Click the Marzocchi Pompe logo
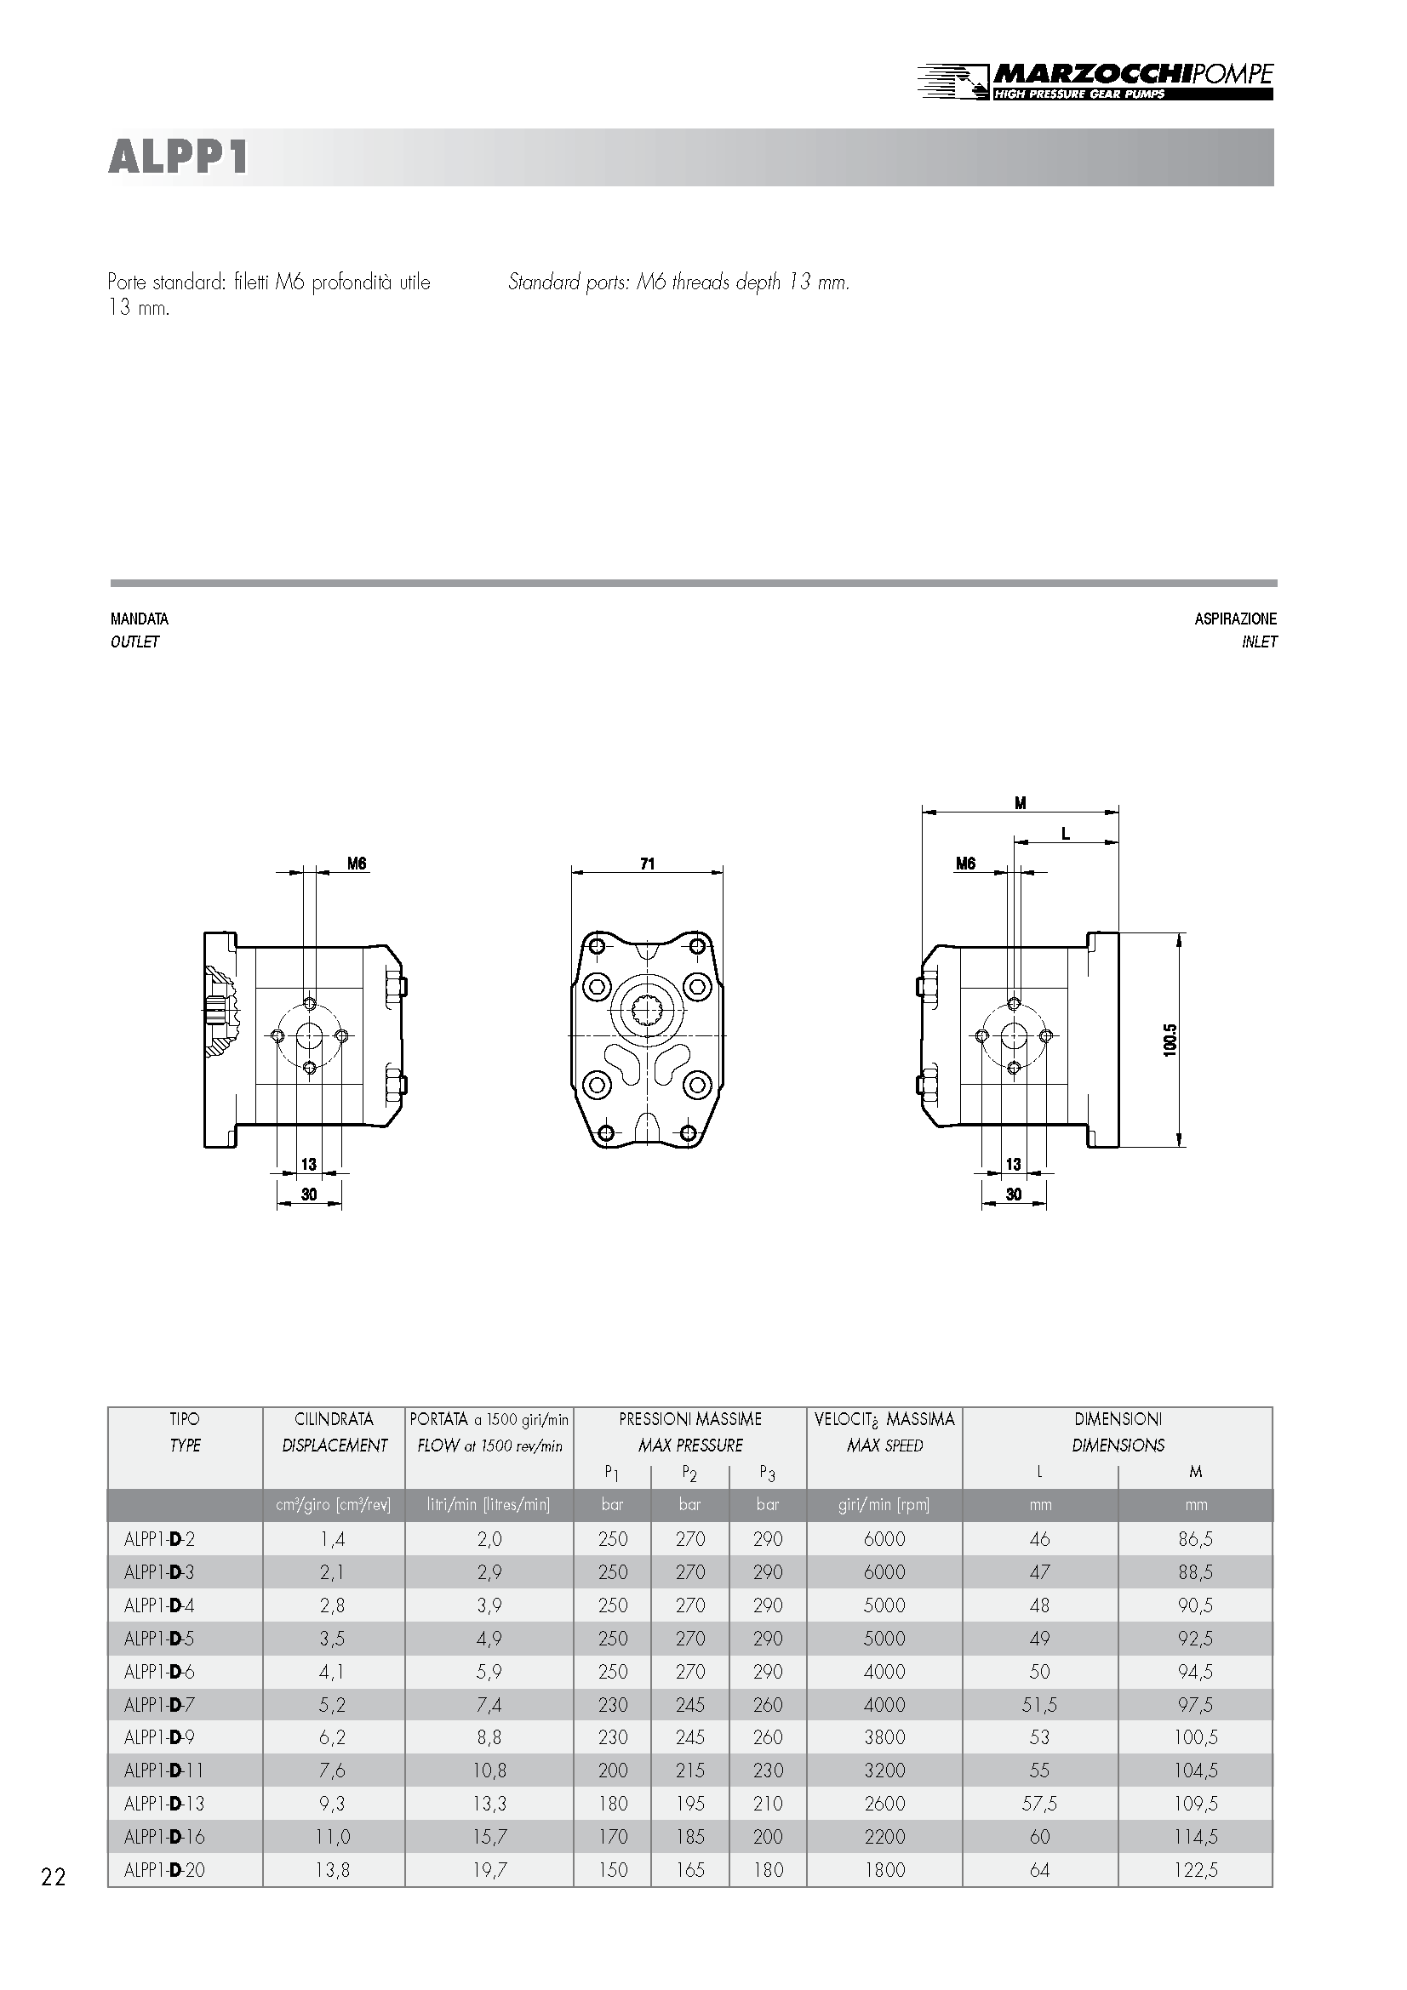[x=1095, y=81]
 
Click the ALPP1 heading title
[x=179, y=157]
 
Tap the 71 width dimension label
[x=648, y=864]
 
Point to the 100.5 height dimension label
[x=1170, y=1040]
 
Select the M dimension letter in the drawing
[x=1021, y=803]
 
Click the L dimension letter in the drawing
[x=1066, y=834]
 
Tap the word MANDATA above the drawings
[x=140, y=619]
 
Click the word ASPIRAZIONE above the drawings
[x=1235, y=619]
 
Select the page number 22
[x=53, y=1878]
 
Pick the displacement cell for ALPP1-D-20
[x=333, y=1869]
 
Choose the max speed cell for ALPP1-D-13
[x=884, y=1804]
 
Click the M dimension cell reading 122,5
[x=1195, y=1869]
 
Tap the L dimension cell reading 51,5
[x=1039, y=1704]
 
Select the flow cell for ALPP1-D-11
[x=489, y=1770]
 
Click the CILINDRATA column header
[x=334, y=1419]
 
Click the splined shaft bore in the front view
[x=648, y=1011]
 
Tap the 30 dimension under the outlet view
[x=309, y=1195]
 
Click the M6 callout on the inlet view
[x=966, y=864]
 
